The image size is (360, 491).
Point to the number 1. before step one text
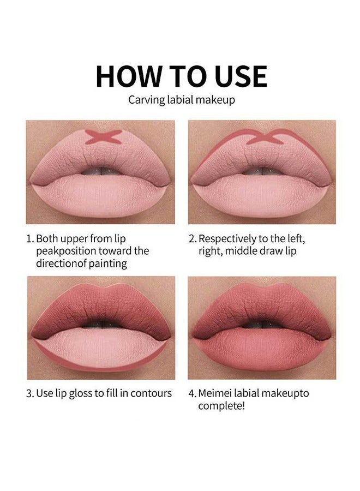point(30,239)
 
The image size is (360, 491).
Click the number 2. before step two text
point(192,239)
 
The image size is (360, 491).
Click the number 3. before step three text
point(30,393)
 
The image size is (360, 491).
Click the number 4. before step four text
point(192,393)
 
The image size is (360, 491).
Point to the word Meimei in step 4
point(213,393)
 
